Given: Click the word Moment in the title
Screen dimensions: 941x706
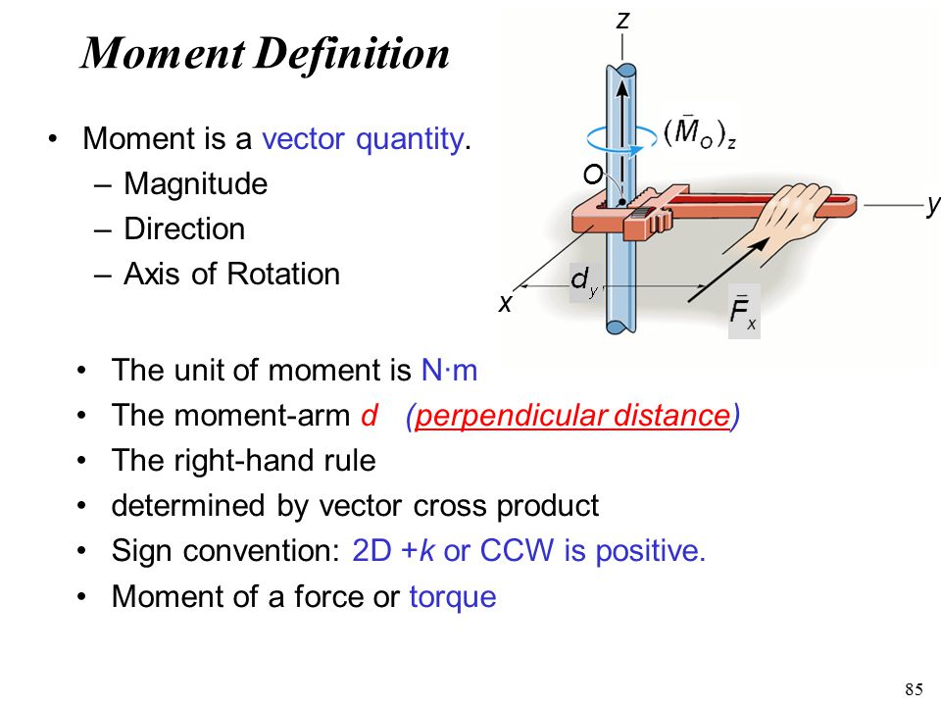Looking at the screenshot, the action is [x=163, y=53].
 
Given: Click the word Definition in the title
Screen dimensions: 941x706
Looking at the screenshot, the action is [x=352, y=55].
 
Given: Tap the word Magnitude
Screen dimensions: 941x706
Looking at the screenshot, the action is [x=196, y=183].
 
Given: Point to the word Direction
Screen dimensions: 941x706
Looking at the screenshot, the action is [x=184, y=228].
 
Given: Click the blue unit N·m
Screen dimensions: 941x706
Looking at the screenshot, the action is [x=450, y=370].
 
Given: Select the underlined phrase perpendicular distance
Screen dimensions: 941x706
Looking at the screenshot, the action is [x=571, y=416].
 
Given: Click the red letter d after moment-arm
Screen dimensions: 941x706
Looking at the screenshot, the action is [x=370, y=415].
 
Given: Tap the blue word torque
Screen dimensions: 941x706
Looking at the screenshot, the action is [x=453, y=597].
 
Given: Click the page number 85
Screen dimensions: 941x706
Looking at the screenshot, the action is [x=914, y=689].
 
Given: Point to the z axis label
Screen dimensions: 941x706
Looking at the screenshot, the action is [x=623, y=21].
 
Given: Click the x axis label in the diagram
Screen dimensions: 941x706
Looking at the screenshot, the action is [x=506, y=304].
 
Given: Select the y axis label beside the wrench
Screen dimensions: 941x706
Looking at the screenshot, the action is [x=933, y=205].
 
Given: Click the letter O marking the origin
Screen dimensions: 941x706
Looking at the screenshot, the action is [x=593, y=175].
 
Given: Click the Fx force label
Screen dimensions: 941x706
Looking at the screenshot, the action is [x=743, y=312].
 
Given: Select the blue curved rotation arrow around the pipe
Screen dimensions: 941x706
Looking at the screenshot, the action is [x=621, y=140].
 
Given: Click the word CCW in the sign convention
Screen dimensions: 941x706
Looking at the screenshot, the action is [x=517, y=550].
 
